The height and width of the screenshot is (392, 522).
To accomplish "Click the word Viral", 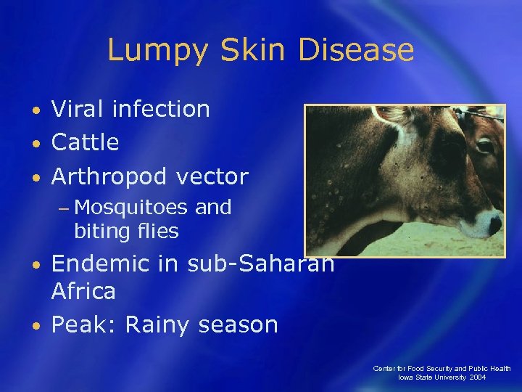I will point(80,109).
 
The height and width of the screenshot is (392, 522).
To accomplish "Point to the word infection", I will point(162,109).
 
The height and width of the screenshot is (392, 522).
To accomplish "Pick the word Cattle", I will point(85,142).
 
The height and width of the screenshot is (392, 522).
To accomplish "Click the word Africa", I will point(83,291).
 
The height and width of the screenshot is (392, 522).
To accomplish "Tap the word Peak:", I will point(83,324).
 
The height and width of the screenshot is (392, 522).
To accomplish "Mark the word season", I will point(239,324).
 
